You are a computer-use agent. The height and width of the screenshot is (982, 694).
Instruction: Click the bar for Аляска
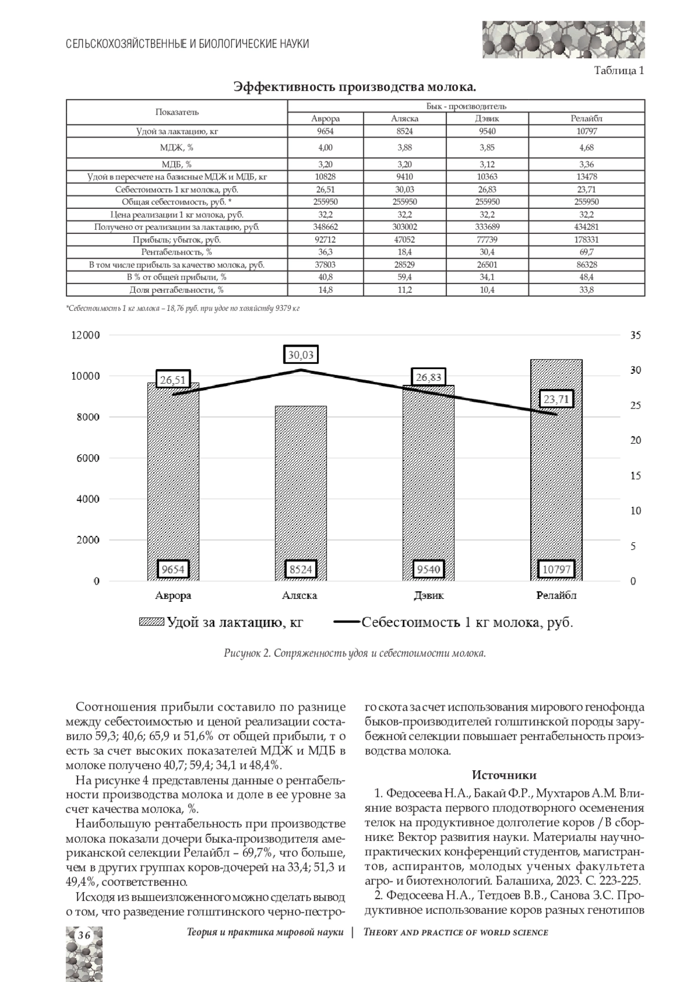click(301, 492)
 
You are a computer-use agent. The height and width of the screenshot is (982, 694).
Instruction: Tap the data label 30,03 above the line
click(301, 355)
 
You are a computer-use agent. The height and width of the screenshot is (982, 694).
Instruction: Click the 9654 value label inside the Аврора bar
click(173, 569)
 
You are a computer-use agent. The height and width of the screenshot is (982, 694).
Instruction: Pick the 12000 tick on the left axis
click(86, 335)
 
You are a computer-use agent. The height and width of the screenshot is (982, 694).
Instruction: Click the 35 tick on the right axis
click(636, 335)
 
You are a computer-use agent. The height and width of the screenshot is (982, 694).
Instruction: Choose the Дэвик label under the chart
click(429, 595)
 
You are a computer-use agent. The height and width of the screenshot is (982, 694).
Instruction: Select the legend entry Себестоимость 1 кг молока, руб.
click(454, 623)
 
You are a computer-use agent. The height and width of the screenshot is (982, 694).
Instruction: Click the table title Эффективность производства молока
click(355, 87)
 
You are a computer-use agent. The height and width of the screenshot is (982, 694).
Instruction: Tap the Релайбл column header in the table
click(586, 119)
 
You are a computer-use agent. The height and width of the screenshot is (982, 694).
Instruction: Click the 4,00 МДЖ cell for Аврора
click(326, 148)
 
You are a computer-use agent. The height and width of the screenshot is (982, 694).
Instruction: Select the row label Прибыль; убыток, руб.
click(177, 240)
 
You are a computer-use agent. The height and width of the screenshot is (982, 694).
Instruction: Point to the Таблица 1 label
click(619, 71)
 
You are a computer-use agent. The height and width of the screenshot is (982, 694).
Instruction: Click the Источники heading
click(504, 775)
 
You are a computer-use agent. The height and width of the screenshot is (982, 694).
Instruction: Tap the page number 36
click(84, 936)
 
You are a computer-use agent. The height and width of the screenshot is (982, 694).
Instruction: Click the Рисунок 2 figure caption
click(355, 654)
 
